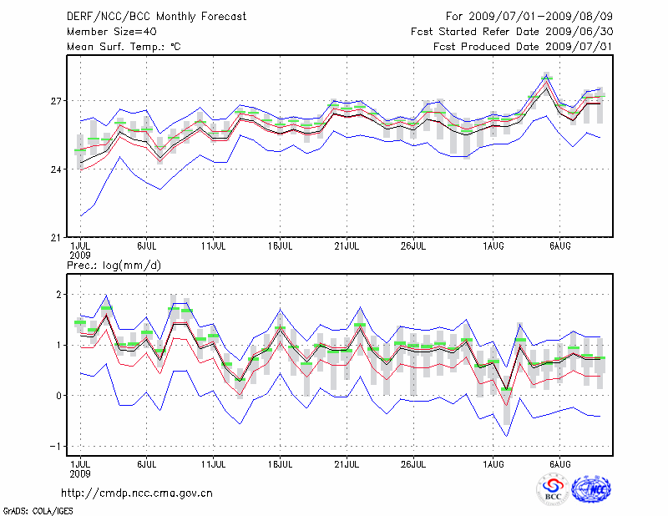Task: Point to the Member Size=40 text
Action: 112,32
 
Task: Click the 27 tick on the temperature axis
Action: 58,102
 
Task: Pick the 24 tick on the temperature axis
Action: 58,169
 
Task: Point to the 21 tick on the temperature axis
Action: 58,238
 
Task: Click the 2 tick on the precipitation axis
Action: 59,295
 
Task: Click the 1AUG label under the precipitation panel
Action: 493,463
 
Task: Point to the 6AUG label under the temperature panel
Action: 559,246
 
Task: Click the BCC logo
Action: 552,489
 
